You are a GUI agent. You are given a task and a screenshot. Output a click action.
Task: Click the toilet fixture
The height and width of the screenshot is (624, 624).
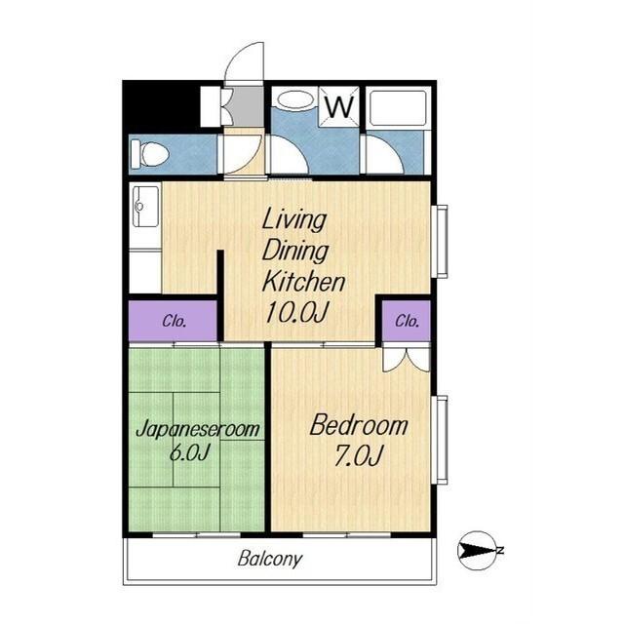point(149,154)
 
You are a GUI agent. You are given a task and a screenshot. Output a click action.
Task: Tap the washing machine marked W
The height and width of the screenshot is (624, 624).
point(339,106)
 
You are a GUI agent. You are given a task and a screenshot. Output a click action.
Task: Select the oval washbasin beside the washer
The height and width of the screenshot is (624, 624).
point(294,99)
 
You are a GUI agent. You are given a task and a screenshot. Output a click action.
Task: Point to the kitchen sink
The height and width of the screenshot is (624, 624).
point(144,207)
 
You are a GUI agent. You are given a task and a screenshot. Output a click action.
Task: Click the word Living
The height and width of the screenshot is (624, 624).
point(294,219)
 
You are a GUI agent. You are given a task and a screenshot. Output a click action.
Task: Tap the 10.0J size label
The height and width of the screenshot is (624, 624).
point(296,312)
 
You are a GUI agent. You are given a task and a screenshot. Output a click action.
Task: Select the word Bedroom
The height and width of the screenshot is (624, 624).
point(359,425)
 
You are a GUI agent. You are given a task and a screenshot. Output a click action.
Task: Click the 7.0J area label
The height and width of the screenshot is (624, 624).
point(359,455)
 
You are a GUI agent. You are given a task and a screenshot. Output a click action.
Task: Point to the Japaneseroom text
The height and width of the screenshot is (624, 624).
point(198,429)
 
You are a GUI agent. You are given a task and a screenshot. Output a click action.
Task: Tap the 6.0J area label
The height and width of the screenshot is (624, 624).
point(190,452)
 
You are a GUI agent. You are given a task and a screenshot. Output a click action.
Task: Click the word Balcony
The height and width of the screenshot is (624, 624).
point(270,559)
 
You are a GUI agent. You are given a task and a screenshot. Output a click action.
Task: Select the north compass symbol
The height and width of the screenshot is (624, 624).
point(480,551)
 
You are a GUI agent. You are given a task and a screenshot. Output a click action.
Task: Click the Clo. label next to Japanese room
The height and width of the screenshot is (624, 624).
point(175,321)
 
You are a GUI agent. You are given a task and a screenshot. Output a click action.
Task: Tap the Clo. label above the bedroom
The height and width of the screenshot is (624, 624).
point(408,321)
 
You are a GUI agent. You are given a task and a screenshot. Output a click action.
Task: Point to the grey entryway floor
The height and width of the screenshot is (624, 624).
point(248,106)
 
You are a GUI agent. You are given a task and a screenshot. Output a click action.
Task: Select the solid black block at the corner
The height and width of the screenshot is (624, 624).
point(160,104)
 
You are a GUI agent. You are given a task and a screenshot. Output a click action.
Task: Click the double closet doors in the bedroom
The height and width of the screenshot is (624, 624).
point(407,360)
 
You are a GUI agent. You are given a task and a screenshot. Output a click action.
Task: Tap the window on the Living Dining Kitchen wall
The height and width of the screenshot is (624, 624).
point(442,241)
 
